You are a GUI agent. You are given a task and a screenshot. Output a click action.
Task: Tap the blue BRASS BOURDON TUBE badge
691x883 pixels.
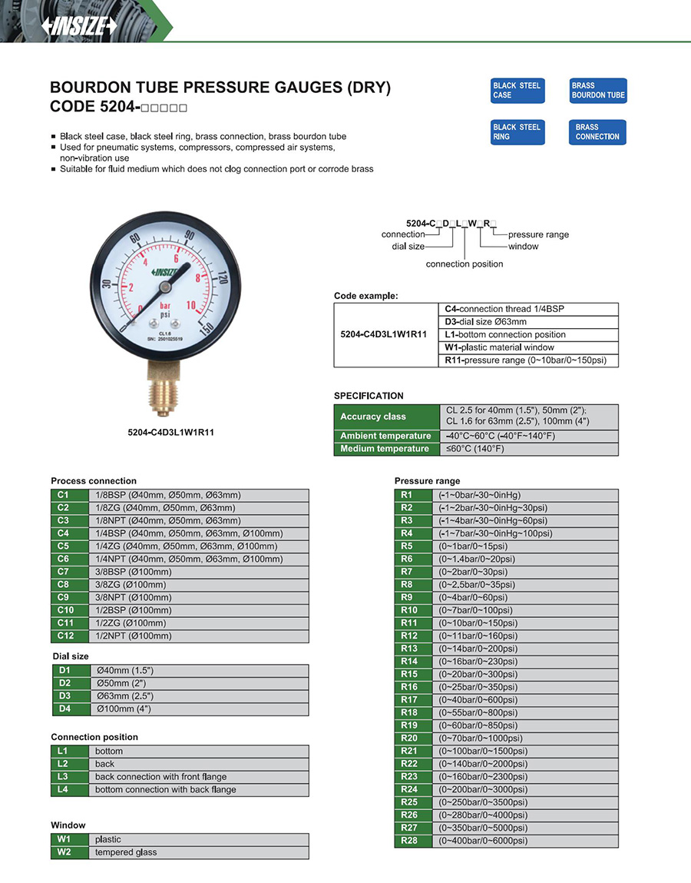[598, 91]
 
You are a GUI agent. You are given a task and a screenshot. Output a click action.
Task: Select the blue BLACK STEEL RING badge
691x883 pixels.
[517, 132]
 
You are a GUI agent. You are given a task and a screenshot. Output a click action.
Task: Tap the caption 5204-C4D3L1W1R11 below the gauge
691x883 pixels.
[170, 433]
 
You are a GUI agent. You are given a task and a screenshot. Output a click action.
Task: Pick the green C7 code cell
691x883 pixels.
[63, 572]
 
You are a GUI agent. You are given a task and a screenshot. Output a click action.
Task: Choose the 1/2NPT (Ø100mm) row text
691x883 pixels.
[134, 636]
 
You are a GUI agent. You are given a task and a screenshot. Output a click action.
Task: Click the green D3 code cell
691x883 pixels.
[64, 696]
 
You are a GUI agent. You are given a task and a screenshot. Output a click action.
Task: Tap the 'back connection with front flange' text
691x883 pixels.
[160, 777]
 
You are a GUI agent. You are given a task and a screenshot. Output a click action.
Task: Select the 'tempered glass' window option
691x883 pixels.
[126, 852]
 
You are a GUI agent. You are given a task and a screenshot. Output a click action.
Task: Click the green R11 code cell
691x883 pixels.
[409, 623]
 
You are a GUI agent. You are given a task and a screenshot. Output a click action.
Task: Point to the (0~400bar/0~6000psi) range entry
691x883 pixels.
[482, 841]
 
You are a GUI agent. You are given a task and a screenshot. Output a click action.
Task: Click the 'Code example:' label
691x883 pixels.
[365, 296]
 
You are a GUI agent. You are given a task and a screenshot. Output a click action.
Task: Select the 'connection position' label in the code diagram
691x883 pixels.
[465, 264]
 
